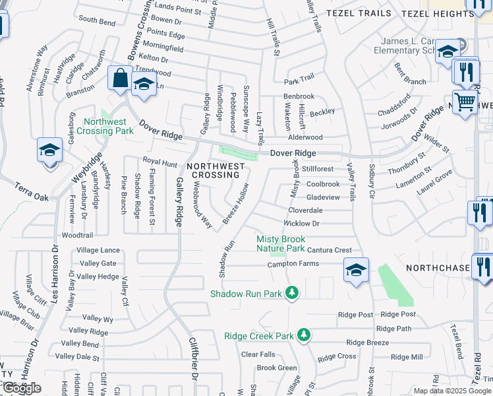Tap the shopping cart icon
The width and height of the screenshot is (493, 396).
466,102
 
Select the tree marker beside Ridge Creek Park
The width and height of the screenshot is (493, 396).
303,335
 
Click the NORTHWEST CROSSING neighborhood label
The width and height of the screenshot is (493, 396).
215,170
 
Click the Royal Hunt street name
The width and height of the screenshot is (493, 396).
161,161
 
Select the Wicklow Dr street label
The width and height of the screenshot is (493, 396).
302,224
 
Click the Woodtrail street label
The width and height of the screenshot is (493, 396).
77,235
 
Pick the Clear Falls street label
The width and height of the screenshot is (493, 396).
258,354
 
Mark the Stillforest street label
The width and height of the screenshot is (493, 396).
318,169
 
